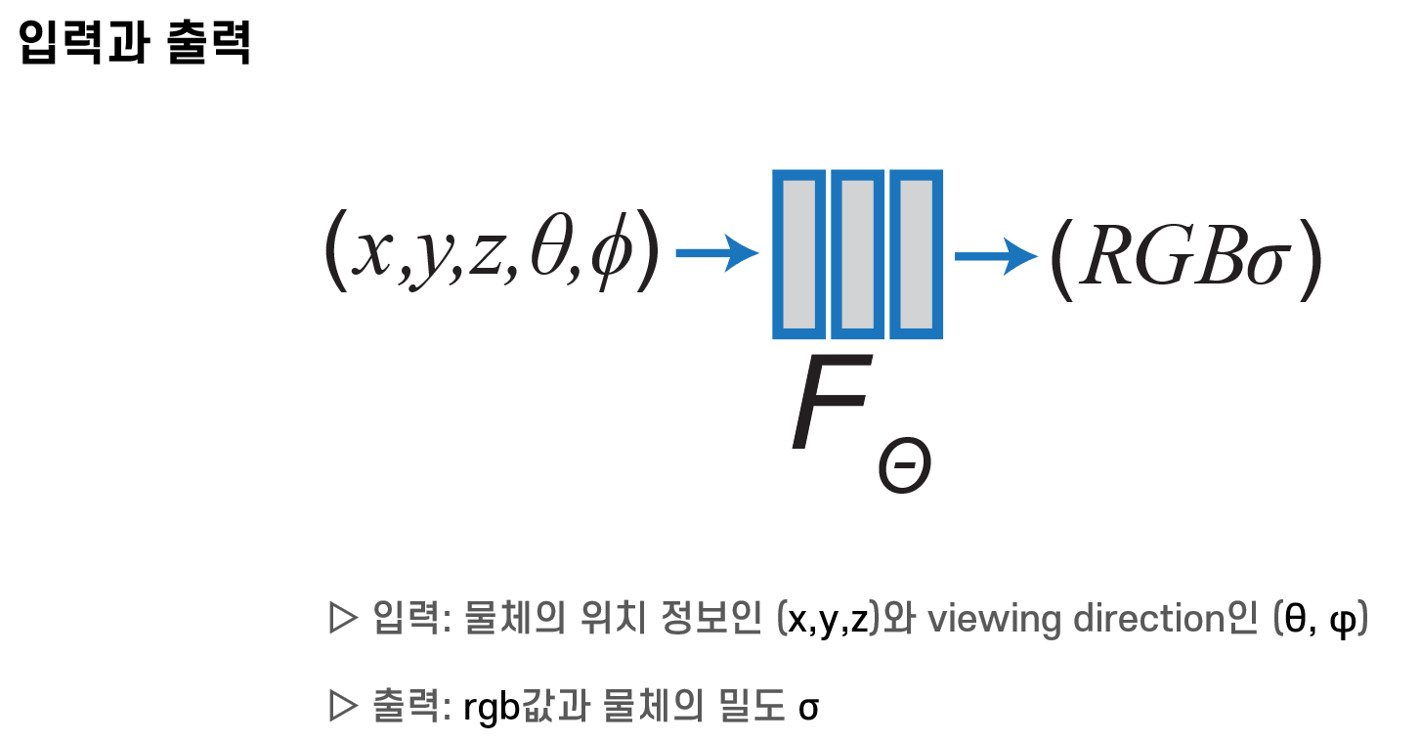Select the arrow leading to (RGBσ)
click(x=995, y=256)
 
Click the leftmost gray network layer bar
click(x=800, y=254)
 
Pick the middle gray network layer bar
click(x=858, y=254)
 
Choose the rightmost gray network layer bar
click(x=916, y=254)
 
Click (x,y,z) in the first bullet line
click(x=830, y=620)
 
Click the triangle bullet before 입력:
click(x=343, y=619)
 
